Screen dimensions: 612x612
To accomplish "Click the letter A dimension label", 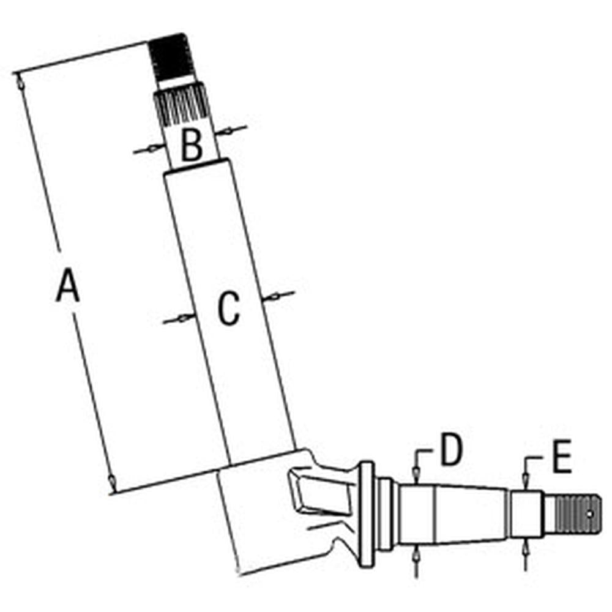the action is pyautogui.click(x=68, y=285).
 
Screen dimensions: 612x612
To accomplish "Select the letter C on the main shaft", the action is pyautogui.click(x=229, y=308).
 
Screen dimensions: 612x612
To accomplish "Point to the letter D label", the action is pyautogui.click(x=451, y=449).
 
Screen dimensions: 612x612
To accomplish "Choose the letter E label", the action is pyautogui.click(x=562, y=456).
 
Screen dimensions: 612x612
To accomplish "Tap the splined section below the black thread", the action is pyautogui.click(x=181, y=105).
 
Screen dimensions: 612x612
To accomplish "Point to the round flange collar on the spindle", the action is pyautogui.click(x=367, y=515).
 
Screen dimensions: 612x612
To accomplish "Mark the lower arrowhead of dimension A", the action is pyautogui.click(x=111, y=483).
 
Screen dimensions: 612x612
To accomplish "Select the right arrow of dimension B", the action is pyautogui.click(x=232, y=130).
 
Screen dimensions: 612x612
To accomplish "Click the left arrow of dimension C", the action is pyautogui.click(x=179, y=318).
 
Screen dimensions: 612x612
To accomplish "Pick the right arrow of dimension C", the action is pyautogui.click(x=278, y=296).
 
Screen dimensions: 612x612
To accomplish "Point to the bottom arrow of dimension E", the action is pyautogui.click(x=525, y=554).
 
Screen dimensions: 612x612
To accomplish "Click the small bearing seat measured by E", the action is pyautogui.click(x=526, y=514).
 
